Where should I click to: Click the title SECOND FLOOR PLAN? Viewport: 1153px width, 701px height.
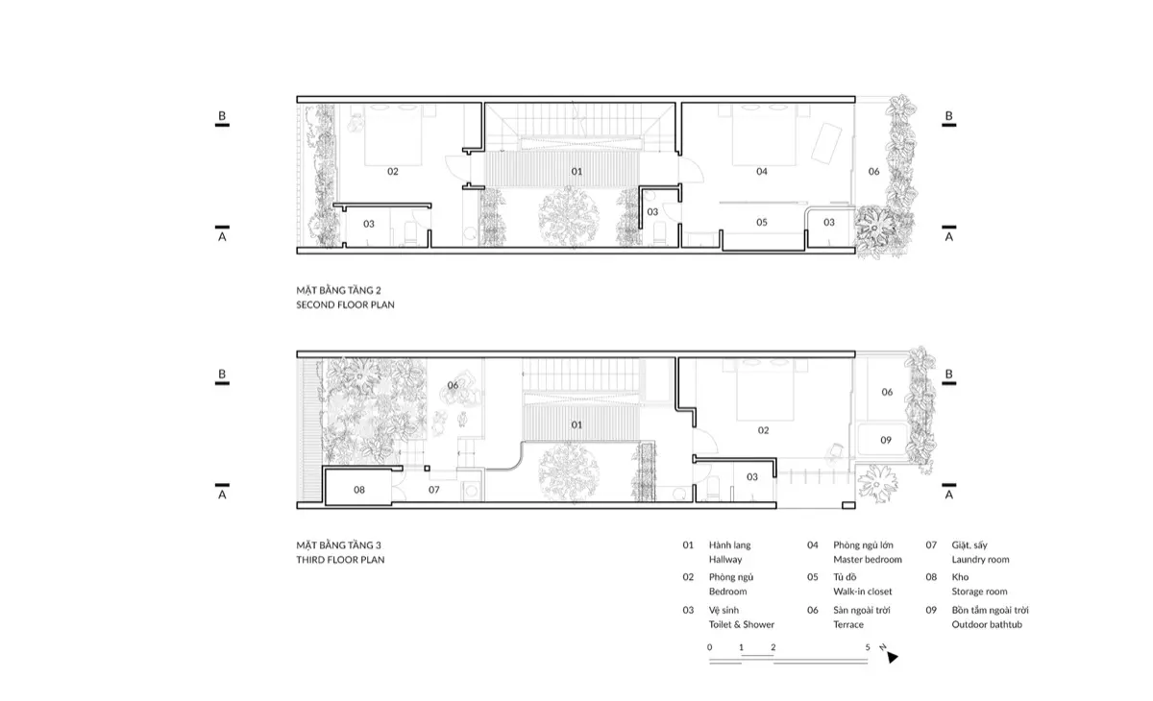click(x=345, y=304)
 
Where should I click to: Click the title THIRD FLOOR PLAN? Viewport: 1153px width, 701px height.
click(x=340, y=560)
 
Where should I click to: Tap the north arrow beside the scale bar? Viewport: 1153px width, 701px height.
click(x=892, y=658)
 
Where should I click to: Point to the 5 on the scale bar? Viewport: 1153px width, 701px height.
click(x=868, y=647)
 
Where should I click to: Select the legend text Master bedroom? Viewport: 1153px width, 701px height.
click(x=868, y=560)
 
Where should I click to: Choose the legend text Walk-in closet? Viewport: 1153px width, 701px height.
click(x=862, y=592)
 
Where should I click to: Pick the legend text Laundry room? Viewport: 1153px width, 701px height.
click(x=980, y=560)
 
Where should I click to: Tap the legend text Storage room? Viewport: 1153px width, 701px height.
click(x=979, y=592)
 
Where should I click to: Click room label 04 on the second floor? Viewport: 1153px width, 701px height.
click(x=762, y=172)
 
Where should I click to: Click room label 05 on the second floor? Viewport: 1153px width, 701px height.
click(x=762, y=223)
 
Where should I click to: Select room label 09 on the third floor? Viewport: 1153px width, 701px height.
click(x=887, y=440)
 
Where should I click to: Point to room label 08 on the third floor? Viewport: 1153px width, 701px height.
click(x=359, y=490)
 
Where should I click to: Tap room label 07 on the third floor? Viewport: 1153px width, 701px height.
click(x=433, y=490)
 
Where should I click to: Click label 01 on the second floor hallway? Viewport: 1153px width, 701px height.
click(x=576, y=172)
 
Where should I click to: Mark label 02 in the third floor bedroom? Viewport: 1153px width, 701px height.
click(x=764, y=431)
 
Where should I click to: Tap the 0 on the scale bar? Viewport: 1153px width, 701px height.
click(x=710, y=647)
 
